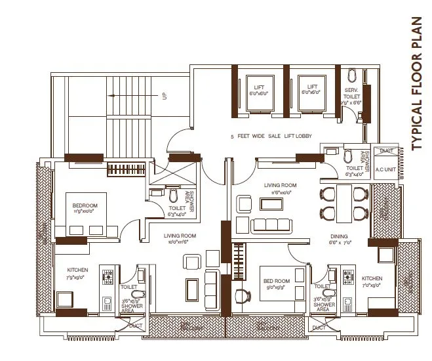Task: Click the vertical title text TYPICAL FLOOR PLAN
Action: point(417,84)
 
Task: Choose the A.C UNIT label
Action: point(384,169)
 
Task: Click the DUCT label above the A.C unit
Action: point(386,151)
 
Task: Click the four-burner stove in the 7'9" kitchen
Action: point(107,276)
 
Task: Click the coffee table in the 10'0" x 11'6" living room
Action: point(192,288)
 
